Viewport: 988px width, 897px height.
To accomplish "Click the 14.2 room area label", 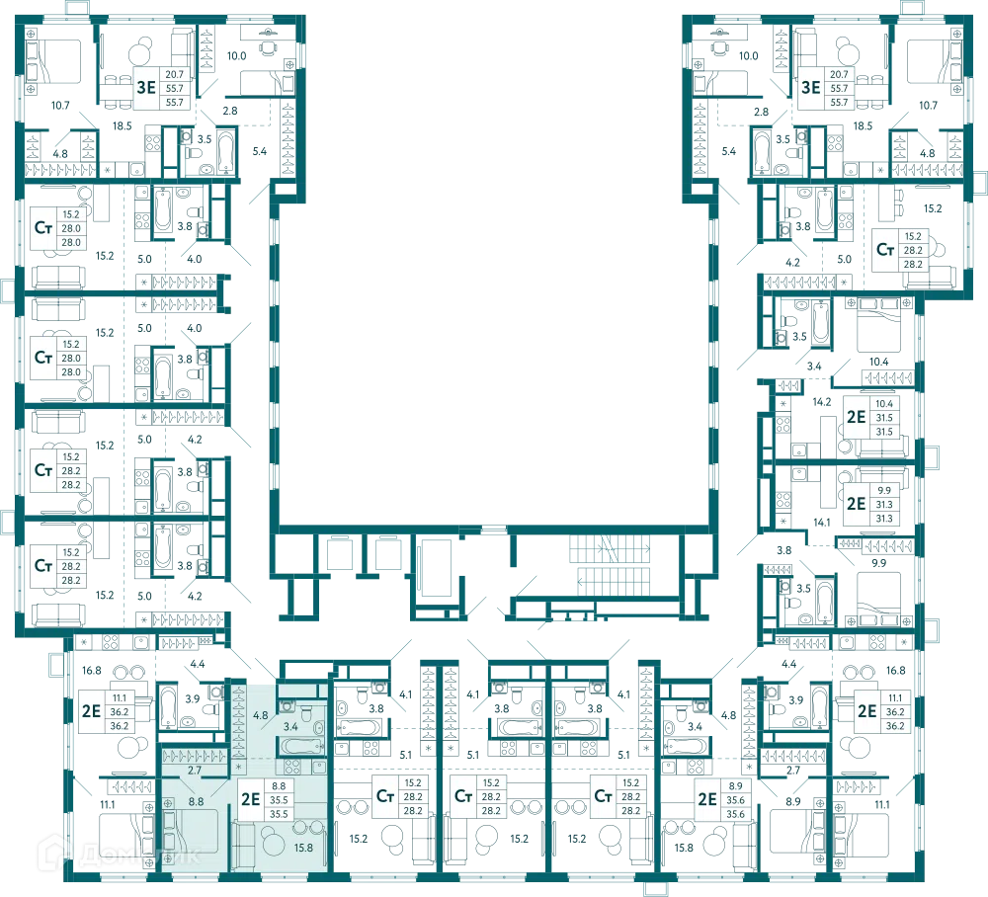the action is click(x=822, y=402).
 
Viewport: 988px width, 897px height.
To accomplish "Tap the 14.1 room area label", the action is click(x=822, y=523).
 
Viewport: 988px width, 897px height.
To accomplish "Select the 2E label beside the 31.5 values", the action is click(x=856, y=417).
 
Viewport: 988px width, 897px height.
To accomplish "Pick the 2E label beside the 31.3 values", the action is click(x=856, y=504).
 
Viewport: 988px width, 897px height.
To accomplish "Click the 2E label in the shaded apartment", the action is click(x=250, y=799).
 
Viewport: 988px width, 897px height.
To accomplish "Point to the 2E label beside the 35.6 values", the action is click(x=707, y=799).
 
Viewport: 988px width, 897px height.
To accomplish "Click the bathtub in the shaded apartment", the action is click(x=301, y=747).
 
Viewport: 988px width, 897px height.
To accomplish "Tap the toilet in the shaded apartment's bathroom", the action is click(x=307, y=712).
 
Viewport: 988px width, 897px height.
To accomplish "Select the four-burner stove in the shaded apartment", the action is click(x=292, y=767).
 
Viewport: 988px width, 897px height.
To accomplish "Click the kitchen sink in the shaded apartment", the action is click(x=319, y=767).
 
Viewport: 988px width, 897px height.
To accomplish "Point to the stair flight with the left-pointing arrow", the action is click(x=614, y=580).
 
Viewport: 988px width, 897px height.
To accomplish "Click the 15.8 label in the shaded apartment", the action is click(x=303, y=848).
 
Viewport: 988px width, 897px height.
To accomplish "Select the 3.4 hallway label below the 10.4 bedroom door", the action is click(x=814, y=366).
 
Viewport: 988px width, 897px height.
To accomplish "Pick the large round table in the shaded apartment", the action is click(x=274, y=842).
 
